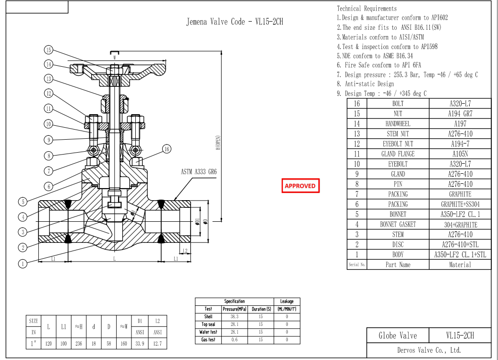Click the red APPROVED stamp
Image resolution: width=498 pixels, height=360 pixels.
300,186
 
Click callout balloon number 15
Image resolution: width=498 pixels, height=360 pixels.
48,50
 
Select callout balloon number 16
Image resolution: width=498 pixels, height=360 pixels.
166,149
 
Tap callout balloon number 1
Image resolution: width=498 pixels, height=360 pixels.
23,263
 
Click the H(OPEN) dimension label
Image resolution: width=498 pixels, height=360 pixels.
217,142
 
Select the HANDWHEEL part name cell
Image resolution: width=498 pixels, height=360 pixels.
398,124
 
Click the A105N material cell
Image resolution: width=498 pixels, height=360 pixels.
460,154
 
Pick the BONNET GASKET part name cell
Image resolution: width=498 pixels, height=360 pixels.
398,225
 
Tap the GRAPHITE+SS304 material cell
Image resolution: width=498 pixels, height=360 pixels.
460,204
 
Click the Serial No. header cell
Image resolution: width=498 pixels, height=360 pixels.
356,264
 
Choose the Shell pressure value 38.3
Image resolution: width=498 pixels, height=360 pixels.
234,317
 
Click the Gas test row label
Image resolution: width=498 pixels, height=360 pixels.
208,340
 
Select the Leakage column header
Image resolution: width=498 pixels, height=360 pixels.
286,301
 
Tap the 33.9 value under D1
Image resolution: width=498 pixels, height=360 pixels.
140,344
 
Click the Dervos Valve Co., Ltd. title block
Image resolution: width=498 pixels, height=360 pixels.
429,350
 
